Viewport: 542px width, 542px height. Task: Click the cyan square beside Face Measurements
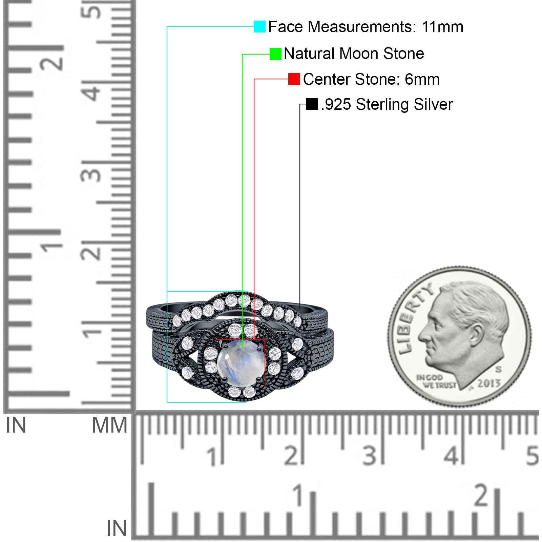pyautogui.click(x=259, y=26)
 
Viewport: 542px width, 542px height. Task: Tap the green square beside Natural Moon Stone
pyautogui.click(x=275, y=54)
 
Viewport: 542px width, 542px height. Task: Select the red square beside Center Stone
pyautogui.click(x=294, y=79)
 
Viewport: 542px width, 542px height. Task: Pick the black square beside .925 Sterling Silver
pyautogui.click(x=312, y=104)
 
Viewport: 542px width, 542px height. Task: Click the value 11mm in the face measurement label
pyautogui.click(x=442, y=27)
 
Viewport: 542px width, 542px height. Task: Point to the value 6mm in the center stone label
pyautogui.click(x=422, y=79)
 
